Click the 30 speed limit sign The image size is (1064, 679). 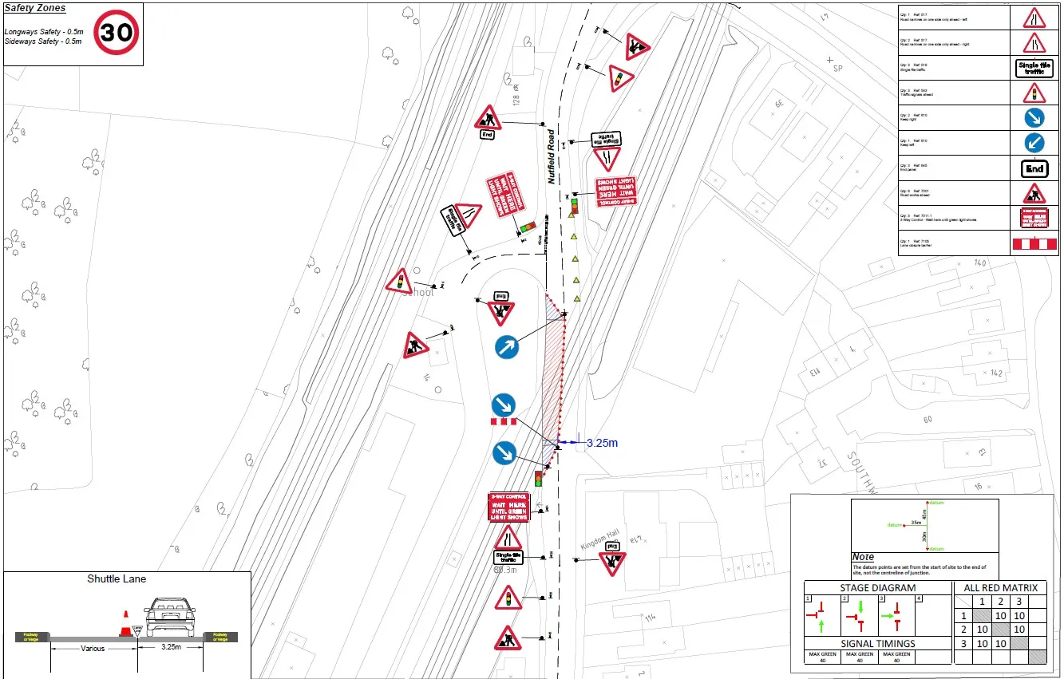(117, 33)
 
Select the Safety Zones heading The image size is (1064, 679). (35, 8)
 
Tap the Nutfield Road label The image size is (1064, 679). (551, 156)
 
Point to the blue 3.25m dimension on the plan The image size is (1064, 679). (602, 443)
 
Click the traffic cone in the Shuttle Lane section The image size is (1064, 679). (125, 624)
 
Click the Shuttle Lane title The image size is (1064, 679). (117, 578)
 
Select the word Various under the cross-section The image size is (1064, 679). (93, 649)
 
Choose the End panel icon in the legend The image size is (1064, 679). (1034, 169)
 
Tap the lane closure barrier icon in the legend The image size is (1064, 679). (1034, 243)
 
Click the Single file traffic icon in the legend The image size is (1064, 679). (1034, 69)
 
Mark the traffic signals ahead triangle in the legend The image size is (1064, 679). (1034, 93)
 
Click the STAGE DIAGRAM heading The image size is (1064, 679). (877, 589)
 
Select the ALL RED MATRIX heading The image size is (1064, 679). (1000, 589)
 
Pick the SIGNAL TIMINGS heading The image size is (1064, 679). (877, 643)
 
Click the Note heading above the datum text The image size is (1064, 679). (863, 557)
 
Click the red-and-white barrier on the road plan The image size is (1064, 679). (504, 421)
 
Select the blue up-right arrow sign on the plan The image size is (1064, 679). (506, 347)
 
